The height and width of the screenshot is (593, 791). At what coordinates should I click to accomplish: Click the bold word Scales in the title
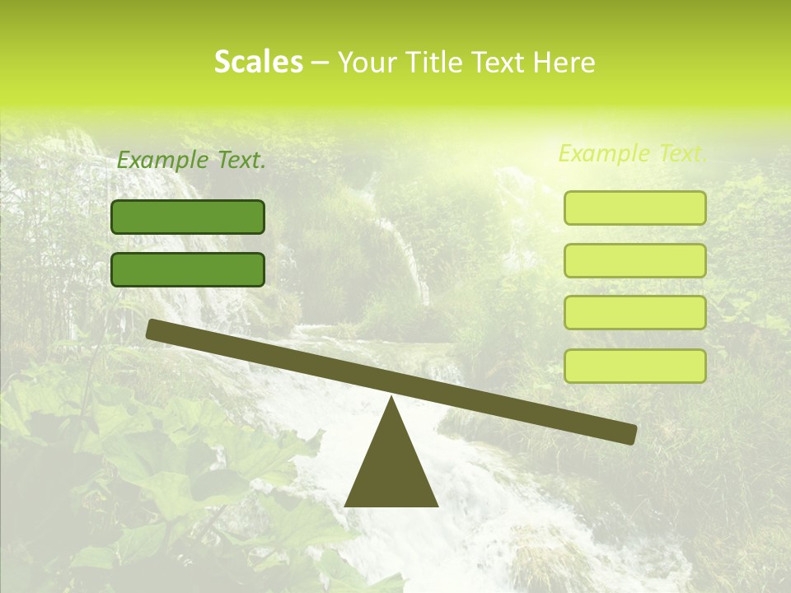pyautogui.click(x=258, y=62)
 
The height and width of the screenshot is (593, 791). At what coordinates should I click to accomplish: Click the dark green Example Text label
pyautogui.click(x=191, y=161)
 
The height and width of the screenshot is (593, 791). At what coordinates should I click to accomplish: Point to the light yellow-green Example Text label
pyautogui.click(x=632, y=153)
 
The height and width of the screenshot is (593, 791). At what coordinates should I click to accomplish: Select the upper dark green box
pyautogui.click(x=188, y=217)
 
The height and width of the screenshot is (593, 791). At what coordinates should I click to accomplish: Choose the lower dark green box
pyautogui.click(x=188, y=269)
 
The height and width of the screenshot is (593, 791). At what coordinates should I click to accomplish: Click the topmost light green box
pyautogui.click(x=634, y=208)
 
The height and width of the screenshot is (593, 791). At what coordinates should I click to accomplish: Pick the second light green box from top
pyautogui.click(x=634, y=260)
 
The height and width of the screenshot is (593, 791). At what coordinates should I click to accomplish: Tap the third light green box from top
pyautogui.click(x=634, y=313)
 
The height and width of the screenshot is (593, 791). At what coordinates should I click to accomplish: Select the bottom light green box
pyautogui.click(x=634, y=366)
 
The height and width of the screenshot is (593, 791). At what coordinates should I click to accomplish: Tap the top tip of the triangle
pyautogui.click(x=391, y=400)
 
